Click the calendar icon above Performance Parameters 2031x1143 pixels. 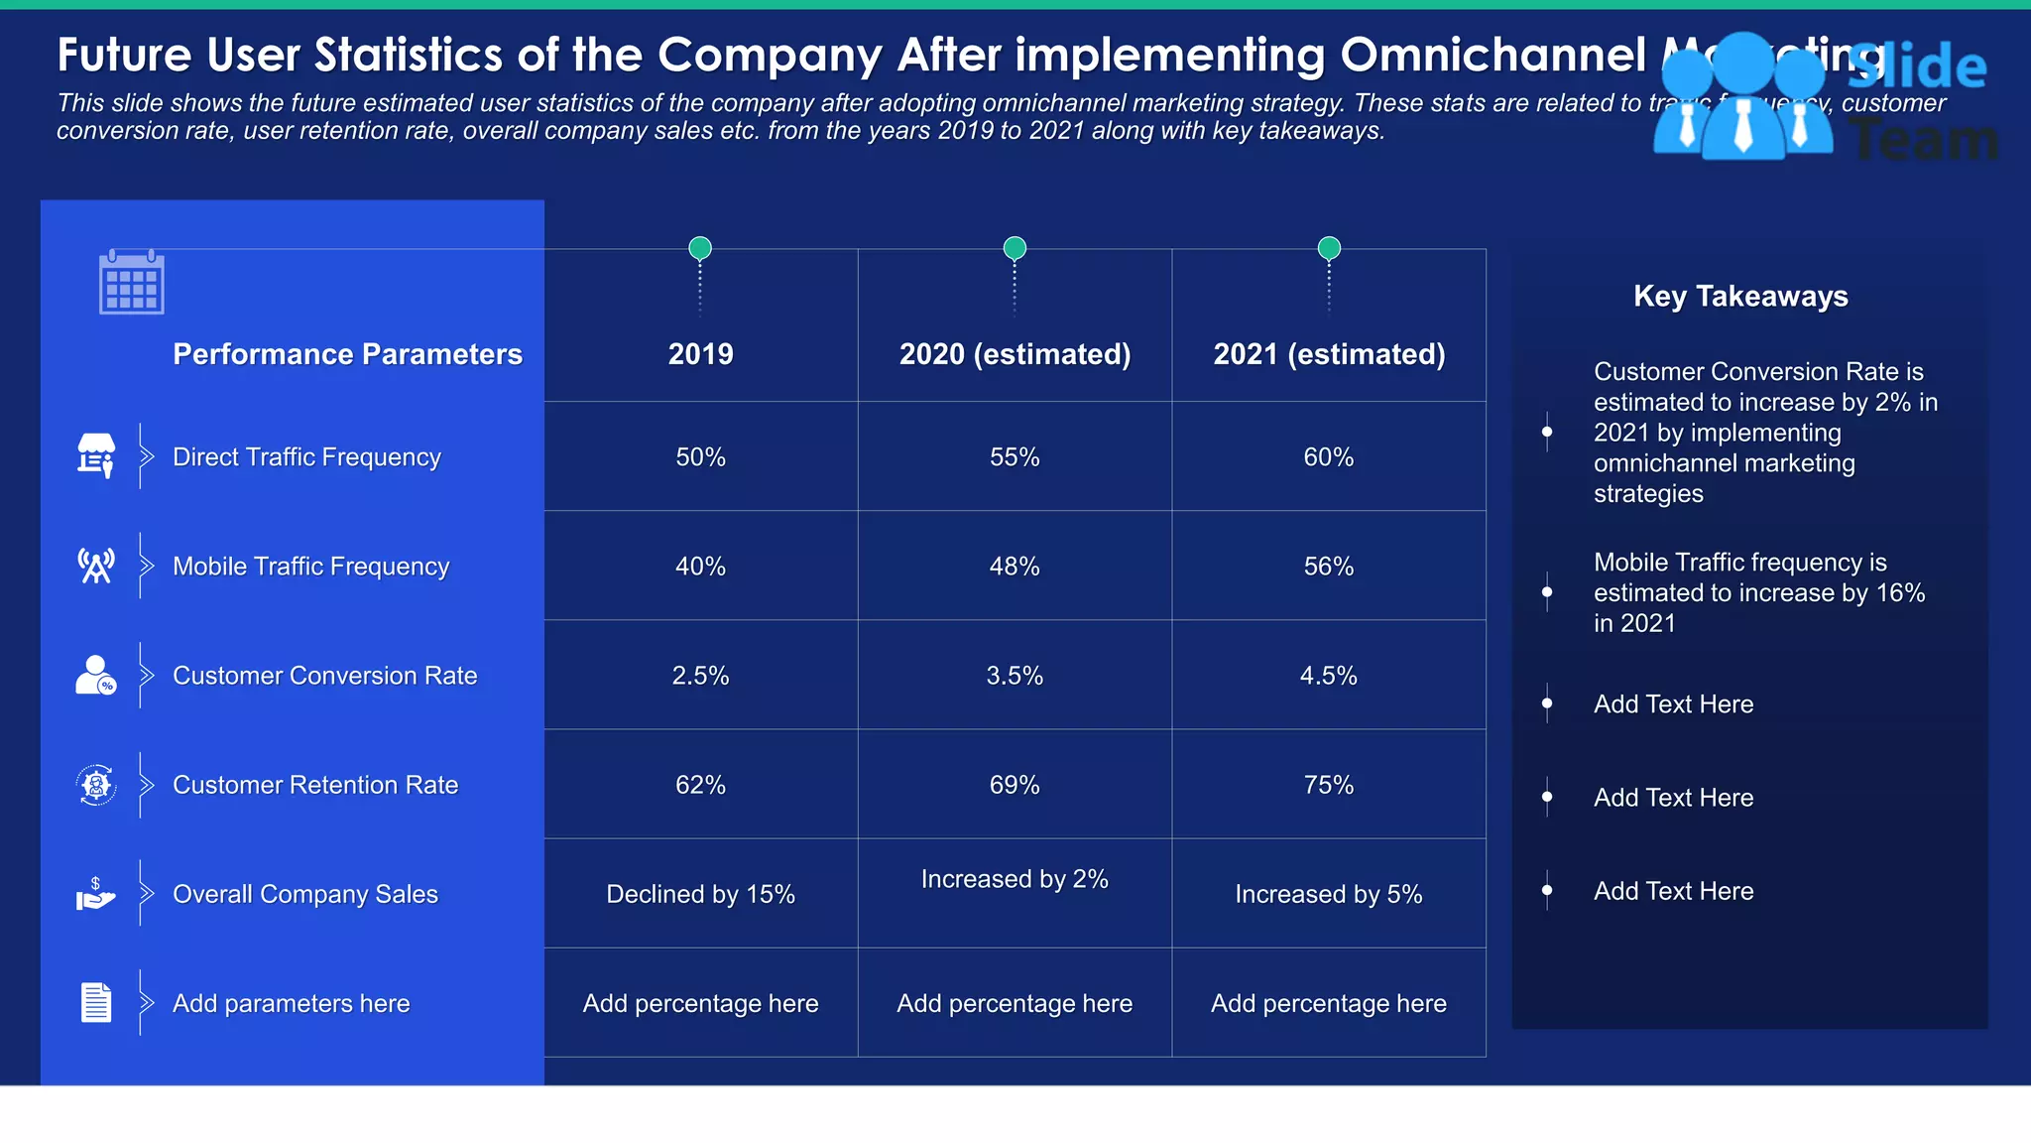(x=131, y=282)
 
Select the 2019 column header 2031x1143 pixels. (x=700, y=354)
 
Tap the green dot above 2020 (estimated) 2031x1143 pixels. (x=1015, y=247)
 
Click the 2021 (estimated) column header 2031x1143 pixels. (x=1329, y=354)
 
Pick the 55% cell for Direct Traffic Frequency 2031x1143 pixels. (x=1015, y=457)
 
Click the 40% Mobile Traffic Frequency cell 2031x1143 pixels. (x=700, y=567)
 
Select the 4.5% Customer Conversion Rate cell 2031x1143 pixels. (x=1329, y=676)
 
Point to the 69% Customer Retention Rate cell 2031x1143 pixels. (x=1015, y=785)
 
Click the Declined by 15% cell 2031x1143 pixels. (x=700, y=894)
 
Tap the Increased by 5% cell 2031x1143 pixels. (x=1329, y=894)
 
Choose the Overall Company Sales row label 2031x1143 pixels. (x=305, y=894)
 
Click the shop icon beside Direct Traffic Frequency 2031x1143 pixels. (x=96, y=455)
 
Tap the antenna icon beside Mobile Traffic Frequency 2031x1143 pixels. (x=96, y=566)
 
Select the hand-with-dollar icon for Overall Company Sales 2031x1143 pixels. (x=96, y=894)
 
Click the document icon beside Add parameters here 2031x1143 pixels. (x=96, y=1002)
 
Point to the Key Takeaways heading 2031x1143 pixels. (x=1740, y=296)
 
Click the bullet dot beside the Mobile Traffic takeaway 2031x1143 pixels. (x=1547, y=592)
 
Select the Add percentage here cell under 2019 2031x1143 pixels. (x=700, y=1003)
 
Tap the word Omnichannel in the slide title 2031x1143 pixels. (x=1493, y=55)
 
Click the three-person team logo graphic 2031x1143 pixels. (x=1742, y=97)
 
